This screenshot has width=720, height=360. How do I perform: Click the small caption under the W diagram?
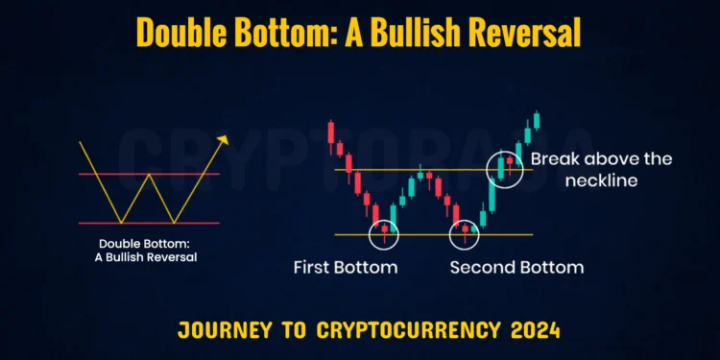coord(149,250)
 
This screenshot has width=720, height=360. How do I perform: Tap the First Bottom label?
coord(345,267)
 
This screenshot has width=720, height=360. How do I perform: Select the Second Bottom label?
coord(516,267)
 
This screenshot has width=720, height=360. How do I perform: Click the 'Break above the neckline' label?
coord(601,168)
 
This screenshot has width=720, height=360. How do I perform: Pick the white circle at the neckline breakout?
coord(506,169)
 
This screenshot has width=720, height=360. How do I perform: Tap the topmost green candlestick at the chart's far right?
coord(537,120)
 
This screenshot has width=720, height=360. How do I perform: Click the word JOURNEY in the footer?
coord(219,332)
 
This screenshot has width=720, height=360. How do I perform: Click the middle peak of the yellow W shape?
coord(148,175)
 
